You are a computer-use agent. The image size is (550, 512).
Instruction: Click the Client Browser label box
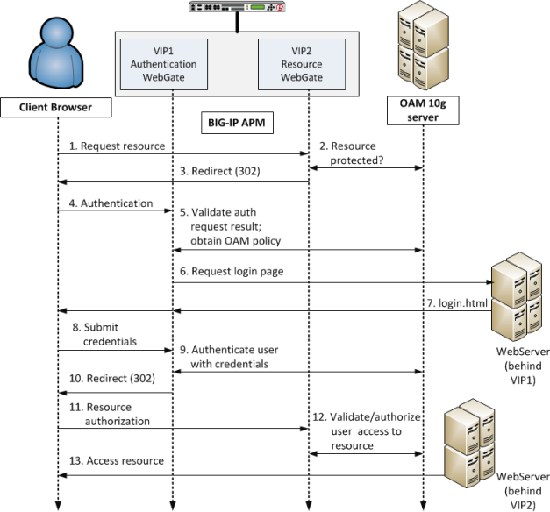pyautogui.click(x=57, y=108)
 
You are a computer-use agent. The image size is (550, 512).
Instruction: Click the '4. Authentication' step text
pyautogui.click(x=111, y=203)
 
